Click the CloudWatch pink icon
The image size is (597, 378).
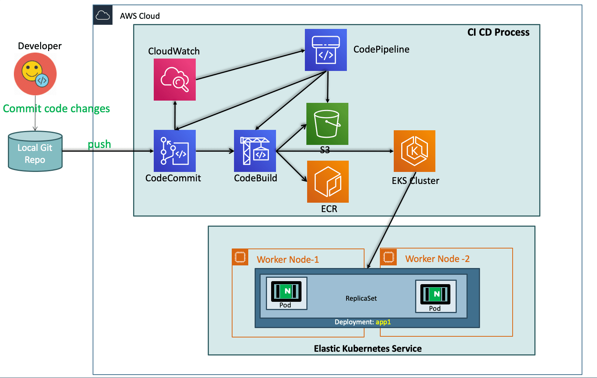click(175, 80)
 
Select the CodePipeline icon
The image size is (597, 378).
click(325, 50)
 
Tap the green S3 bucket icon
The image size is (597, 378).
click(327, 124)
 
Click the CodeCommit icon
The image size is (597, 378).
click(175, 151)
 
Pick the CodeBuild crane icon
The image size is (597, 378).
click(255, 151)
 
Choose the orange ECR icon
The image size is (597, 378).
click(328, 181)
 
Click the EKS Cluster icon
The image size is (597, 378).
click(414, 151)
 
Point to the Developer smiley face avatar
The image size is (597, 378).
click(35, 74)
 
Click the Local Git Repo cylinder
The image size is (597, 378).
click(35, 151)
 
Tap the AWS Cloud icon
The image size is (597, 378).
click(103, 15)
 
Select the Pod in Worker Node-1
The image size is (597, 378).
click(286, 293)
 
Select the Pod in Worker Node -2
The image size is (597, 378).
click(436, 296)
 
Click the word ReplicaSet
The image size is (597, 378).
click(361, 298)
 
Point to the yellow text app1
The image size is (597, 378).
click(383, 322)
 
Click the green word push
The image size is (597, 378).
click(99, 145)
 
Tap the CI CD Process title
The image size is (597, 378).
click(498, 32)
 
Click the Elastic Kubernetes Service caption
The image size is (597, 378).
click(368, 348)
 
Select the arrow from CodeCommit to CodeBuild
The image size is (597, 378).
click(215, 151)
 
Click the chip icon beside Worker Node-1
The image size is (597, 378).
click(240, 257)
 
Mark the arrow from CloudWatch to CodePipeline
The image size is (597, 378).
click(250, 65)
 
